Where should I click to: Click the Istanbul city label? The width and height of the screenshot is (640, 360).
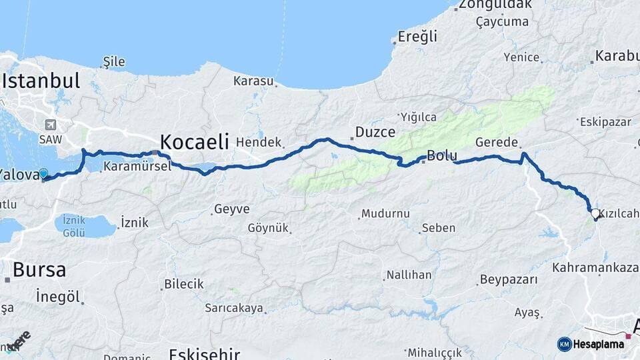41,81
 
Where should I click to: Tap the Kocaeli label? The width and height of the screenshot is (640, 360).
194,141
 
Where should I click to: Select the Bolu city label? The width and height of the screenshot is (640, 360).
441,156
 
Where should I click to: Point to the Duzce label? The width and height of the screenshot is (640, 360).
375,131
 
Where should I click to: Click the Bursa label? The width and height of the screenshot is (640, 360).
39,270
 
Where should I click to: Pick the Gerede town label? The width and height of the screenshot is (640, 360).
497,143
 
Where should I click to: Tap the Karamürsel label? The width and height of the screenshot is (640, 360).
137,167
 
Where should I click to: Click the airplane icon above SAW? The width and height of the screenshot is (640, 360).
50,125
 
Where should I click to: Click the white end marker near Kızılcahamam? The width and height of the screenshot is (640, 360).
595,214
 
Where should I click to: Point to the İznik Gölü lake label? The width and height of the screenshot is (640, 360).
74,226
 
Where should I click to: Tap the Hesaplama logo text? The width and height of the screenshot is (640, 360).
598,344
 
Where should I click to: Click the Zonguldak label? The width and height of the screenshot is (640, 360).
493,5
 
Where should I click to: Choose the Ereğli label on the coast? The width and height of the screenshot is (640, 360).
417,37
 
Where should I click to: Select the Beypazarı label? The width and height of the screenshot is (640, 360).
509,279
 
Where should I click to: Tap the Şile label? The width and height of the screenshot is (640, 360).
114,62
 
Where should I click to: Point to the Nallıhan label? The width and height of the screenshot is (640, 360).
409,275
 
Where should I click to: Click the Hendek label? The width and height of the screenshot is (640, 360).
259,143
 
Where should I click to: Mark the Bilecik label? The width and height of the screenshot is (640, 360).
184,284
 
